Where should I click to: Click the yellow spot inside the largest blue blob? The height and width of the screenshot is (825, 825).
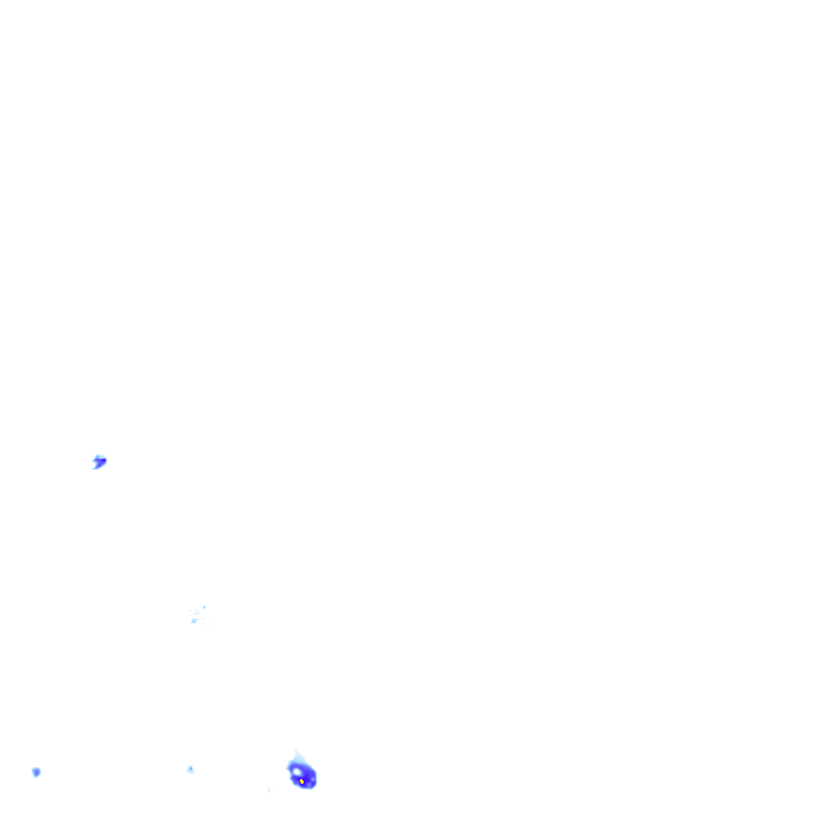[301, 781]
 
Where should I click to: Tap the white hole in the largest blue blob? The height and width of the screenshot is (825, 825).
[296, 771]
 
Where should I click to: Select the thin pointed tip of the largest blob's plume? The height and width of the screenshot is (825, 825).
[295, 749]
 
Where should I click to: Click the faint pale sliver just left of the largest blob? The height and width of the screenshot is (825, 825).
[268, 790]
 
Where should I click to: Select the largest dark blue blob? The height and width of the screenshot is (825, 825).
[303, 776]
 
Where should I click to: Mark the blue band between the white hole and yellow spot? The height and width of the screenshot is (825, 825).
[299, 776]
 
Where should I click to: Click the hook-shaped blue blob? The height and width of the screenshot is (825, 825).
[99, 462]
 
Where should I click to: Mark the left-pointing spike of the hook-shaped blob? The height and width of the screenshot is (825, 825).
[93, 460]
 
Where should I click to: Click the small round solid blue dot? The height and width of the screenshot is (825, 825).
[36, 772]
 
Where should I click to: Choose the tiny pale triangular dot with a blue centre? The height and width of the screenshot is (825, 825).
[190, 769]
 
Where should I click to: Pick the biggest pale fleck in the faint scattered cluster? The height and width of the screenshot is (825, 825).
[194, 620]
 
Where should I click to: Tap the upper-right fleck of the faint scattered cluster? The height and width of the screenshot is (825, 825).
[204, 606]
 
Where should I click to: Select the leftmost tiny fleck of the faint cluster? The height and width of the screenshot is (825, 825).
[190, 611]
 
